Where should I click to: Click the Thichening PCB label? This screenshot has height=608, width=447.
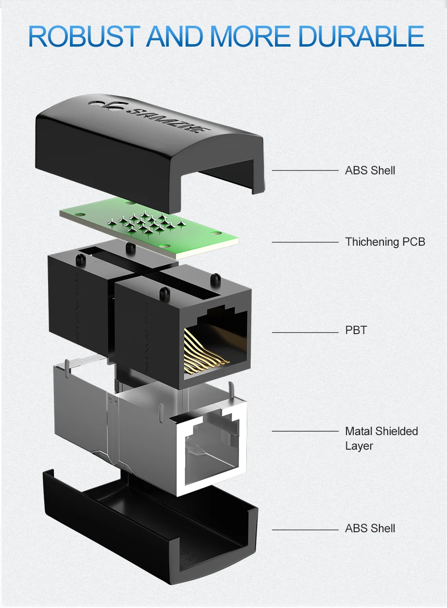click(x=385, y=242)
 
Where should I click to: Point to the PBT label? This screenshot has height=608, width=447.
click(x=356, y=331)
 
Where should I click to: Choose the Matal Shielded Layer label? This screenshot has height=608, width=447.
click(x=381, y=438)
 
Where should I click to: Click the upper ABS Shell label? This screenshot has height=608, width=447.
click(x=370, y=170)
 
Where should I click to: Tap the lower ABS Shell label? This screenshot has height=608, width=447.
click(x=370, y=528)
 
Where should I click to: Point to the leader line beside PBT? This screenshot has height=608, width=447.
click(x=304, y=332)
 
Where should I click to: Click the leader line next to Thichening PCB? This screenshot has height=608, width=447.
click(x=304, y=242)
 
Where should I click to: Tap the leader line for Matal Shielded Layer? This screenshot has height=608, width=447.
click(x=304, y=431)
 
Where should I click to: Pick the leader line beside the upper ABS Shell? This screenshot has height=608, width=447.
click(x=304, y=170)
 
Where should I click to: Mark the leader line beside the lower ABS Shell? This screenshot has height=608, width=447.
click(x=304, y=529)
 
